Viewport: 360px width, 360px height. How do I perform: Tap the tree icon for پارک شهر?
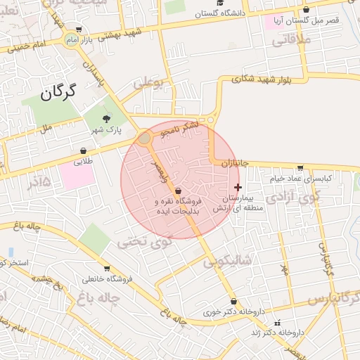(107, 119)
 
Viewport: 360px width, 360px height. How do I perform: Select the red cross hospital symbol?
(238, 187)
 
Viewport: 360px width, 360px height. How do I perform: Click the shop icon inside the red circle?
(177, 191)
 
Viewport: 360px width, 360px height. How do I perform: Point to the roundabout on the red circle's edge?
(145, 139)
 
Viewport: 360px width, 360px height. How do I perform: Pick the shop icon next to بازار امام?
(78, 30)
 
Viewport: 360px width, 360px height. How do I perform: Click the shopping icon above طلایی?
(84, 150)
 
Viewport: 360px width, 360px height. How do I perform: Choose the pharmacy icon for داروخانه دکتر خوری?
(233, 302)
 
